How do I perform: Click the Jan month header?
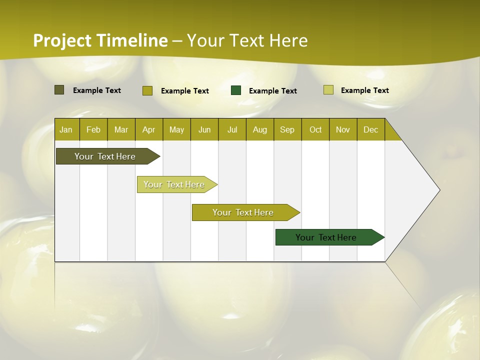[66, 129]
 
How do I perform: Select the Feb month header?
[93, 129]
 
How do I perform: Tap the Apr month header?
[149, 129]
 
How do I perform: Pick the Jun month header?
[204, 129]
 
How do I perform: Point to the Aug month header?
[260, 129]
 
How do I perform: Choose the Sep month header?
[287, 129]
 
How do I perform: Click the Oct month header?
[315, 129]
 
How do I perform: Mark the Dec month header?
[371, 129]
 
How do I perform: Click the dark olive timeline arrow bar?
[105, 156]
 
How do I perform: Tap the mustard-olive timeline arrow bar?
[243, 212]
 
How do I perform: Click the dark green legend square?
[236, 90]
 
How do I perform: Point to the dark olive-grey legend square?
[59, 90]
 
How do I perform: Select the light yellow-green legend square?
[328, 90]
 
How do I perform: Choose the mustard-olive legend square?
[147, 90]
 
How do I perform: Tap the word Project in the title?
[62, 40]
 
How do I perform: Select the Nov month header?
[343, 129]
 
